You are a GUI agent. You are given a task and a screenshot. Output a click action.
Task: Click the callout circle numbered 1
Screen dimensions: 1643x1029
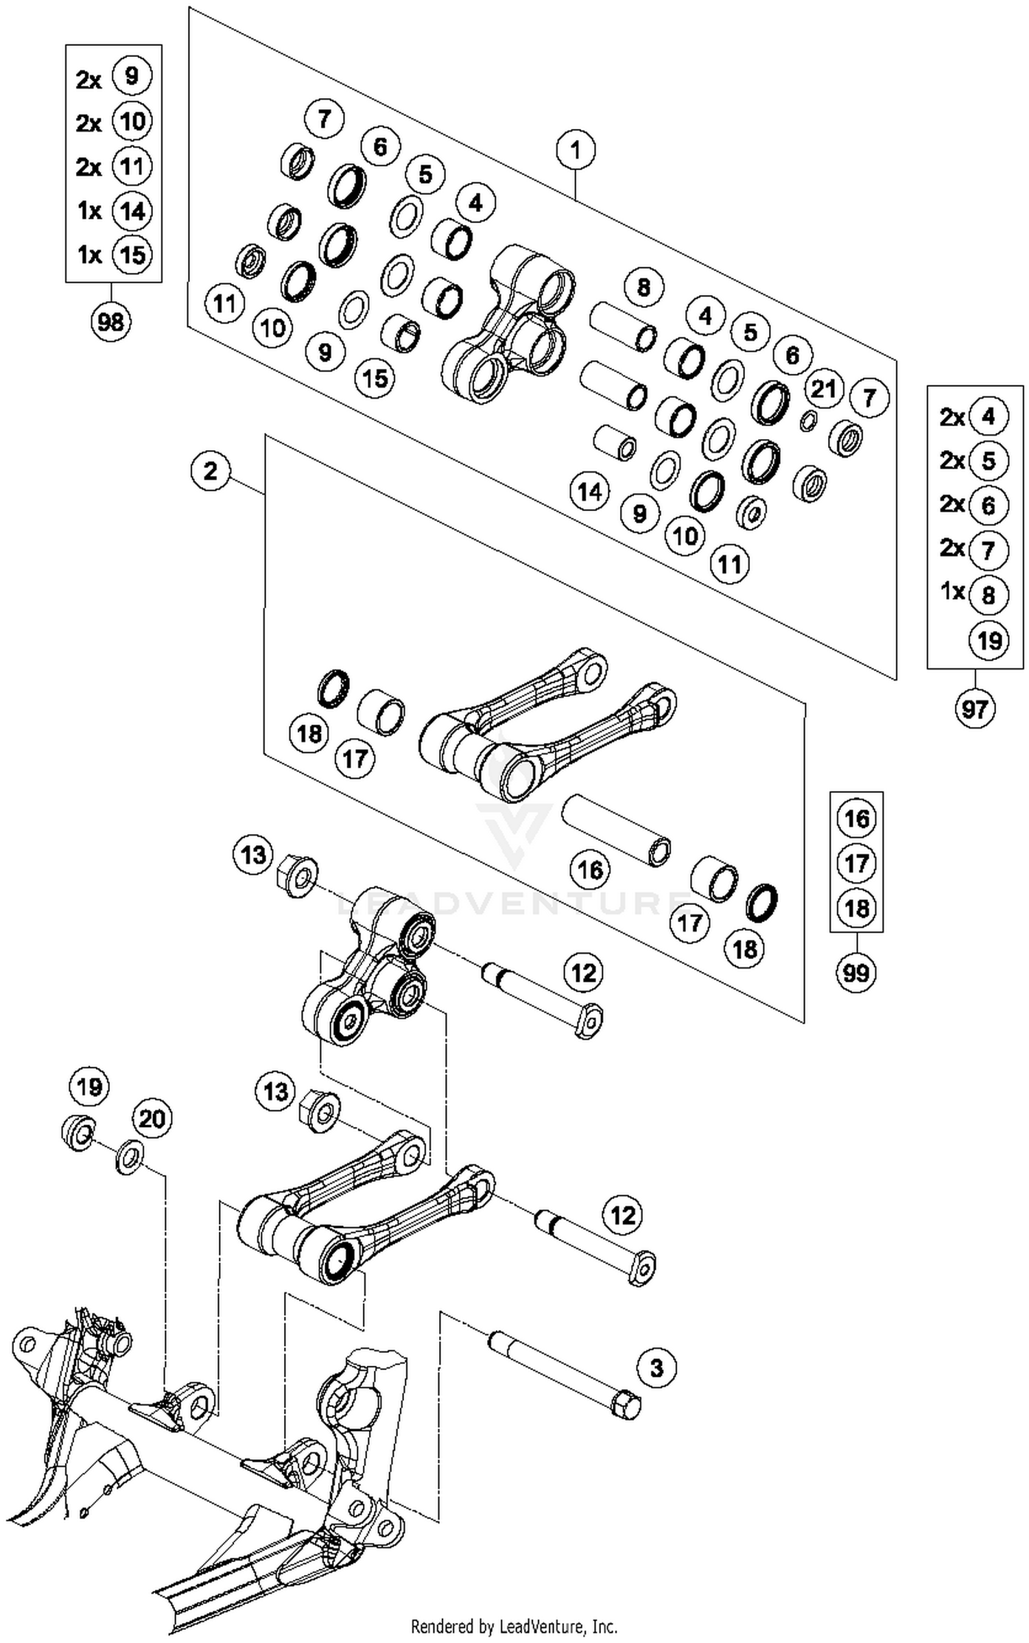coord(575,150)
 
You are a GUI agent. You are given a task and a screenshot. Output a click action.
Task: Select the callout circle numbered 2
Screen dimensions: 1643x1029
coord(211,471)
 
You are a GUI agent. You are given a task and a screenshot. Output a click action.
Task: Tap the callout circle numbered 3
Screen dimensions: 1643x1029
coord(657,1367)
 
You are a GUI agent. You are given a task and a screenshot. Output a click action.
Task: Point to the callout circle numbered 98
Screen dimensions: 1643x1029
coord(110,320)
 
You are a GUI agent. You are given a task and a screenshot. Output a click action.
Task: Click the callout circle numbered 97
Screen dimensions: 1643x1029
coord(975,708)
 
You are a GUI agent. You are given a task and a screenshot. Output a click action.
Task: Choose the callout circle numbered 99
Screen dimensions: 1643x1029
coord(856,972)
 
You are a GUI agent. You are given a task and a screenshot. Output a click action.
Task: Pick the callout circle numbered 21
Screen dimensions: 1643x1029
coord(823,389)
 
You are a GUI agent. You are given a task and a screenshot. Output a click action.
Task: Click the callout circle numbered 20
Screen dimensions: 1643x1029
coord(152,1119)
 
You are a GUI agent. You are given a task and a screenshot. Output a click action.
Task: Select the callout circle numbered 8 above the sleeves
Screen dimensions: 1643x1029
coord(643,286)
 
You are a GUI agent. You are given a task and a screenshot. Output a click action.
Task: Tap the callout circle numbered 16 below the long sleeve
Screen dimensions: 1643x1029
coord(590,870)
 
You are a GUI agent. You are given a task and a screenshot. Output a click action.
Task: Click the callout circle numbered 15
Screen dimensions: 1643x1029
coord(375,377)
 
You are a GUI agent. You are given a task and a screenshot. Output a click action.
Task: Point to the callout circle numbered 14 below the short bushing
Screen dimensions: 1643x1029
coord(589,491)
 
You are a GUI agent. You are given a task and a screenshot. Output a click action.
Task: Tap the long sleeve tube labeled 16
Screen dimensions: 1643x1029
coord(615,829)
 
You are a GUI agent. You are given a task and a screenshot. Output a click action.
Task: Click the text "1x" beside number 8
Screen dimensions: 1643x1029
coord(952,591)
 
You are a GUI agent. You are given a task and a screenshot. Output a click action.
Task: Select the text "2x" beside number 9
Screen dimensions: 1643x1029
coord(88,80)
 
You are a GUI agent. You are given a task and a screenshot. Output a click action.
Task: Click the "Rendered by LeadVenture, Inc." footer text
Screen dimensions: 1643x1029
coord(514,1626)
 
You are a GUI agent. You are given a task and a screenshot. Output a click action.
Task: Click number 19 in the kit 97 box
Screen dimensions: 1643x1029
coord(989,640)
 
